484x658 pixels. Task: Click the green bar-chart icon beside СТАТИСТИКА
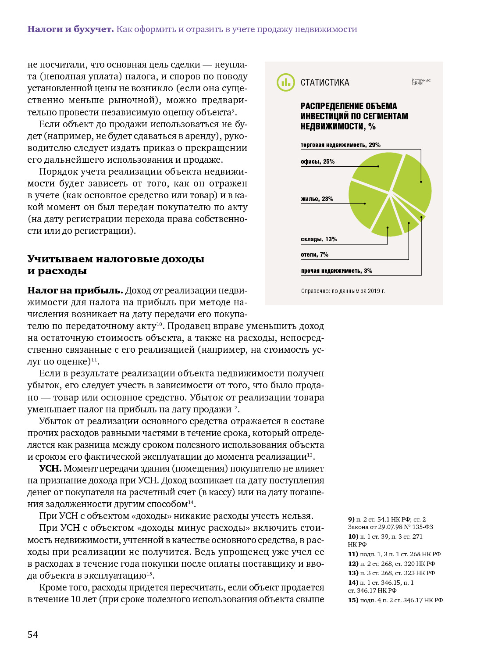[286, 82]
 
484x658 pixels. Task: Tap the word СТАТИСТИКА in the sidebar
[325, 83]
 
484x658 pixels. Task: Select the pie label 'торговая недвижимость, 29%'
[340, 145]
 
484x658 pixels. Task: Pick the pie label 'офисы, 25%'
[317, 162]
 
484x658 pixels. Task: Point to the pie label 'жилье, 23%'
[317, 199]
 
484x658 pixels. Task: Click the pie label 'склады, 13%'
[318, 240]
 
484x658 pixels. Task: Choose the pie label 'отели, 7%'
[314, 255]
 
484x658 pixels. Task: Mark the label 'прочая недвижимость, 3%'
[336, 271]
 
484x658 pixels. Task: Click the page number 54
[33, 635]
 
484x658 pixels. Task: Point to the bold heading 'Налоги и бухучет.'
[71, 29]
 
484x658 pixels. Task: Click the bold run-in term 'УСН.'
[50, 468]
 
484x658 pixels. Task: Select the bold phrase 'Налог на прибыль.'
[75, 290]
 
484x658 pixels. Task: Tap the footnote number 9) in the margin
[351, 519]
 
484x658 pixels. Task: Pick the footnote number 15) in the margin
[353, 600]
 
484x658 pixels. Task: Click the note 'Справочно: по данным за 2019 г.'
[343, 291]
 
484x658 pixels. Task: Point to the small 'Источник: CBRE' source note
[421, 82]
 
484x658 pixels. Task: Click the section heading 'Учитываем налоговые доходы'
[116, 259]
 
